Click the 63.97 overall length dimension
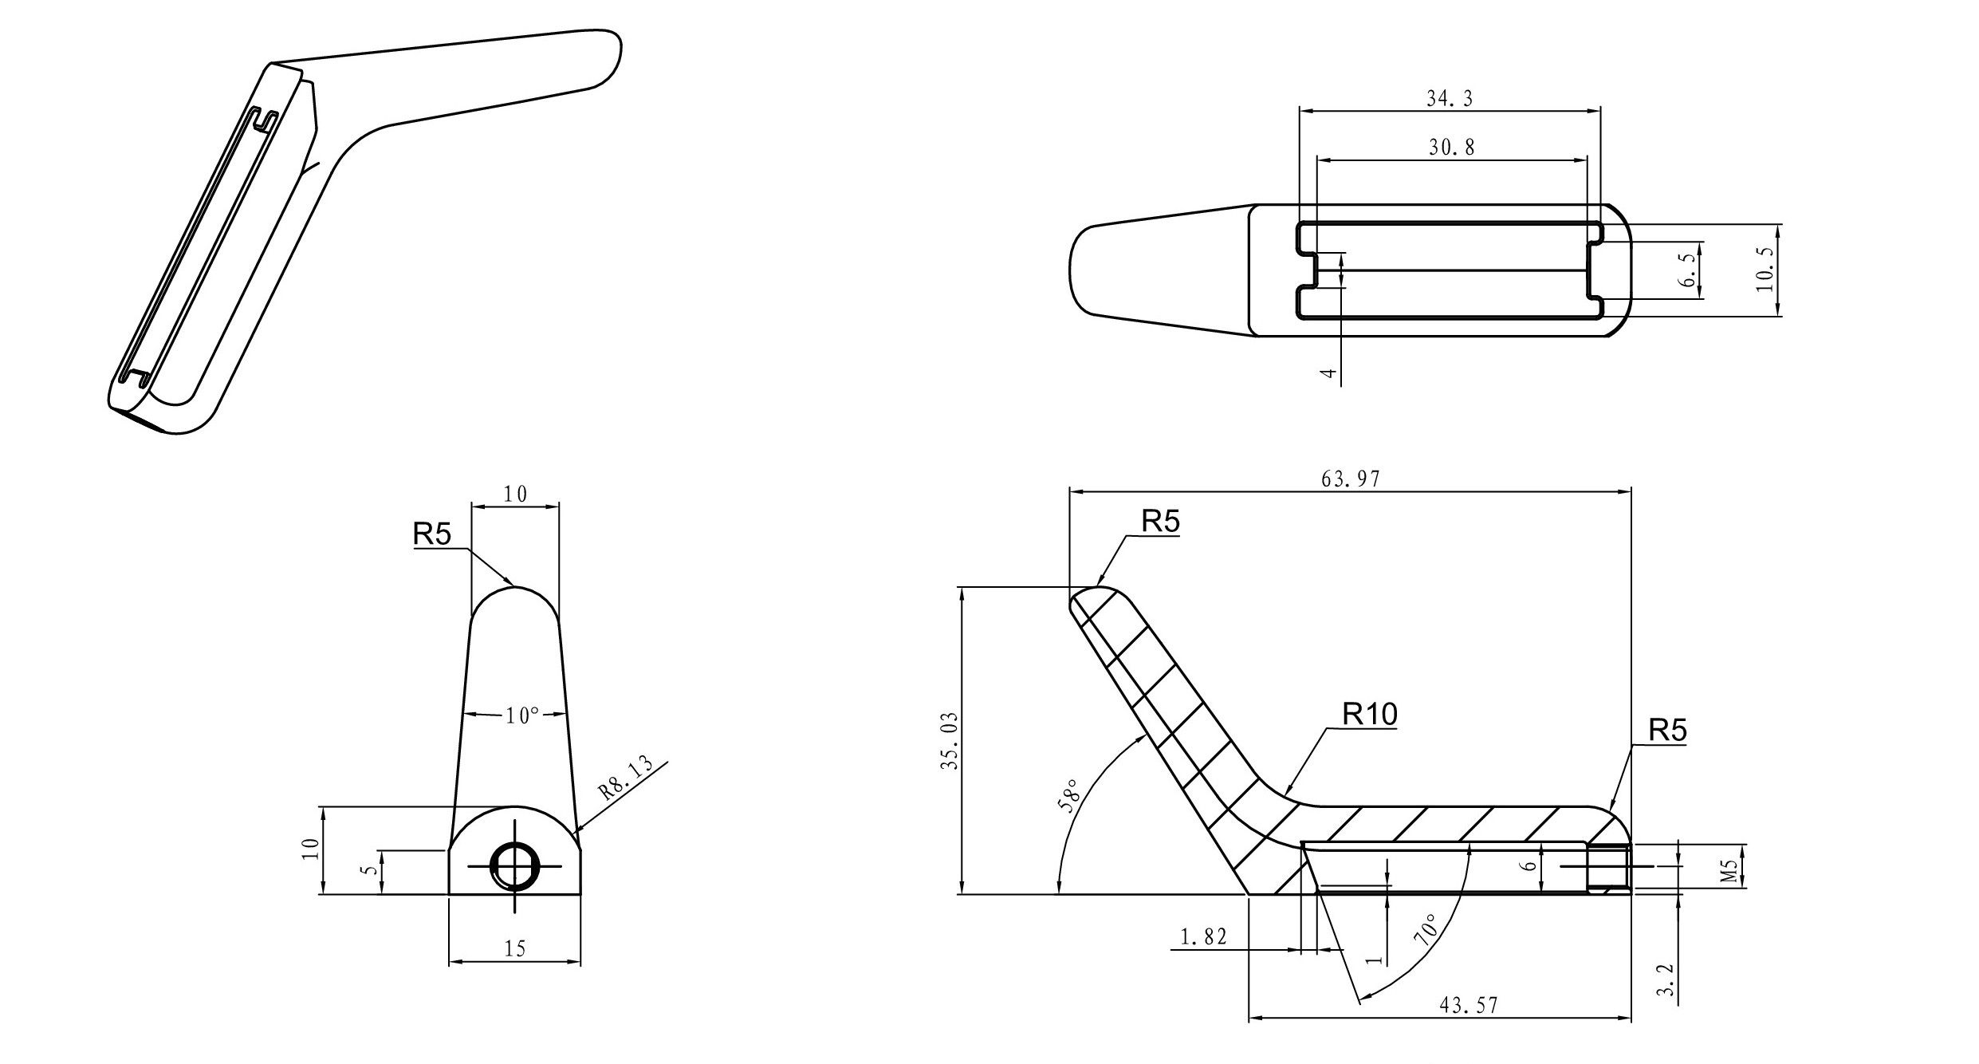click(1350, 479)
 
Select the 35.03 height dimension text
click(949, 740)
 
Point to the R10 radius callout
click(1370, 715)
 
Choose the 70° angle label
click(1426, 929)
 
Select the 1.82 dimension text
click(1203, 937)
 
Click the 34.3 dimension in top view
click(1449, 98)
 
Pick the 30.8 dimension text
click(1451, 148)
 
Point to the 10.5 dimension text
click(1765, 270)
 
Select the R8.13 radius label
click(625, 778)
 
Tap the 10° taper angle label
click(521, 716)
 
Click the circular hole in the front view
click(514, 866)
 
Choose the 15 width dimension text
click(515, 948)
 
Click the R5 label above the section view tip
click(1160, 522)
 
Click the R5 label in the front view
click(432, 534)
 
